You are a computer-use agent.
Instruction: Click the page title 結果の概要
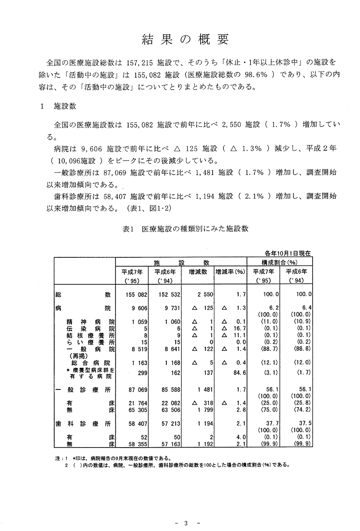pos(185,40)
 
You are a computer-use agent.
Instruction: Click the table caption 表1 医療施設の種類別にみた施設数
pos(185,229)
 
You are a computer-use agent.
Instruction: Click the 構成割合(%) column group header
pos(279,261)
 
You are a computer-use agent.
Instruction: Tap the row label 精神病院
pos(91,322)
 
